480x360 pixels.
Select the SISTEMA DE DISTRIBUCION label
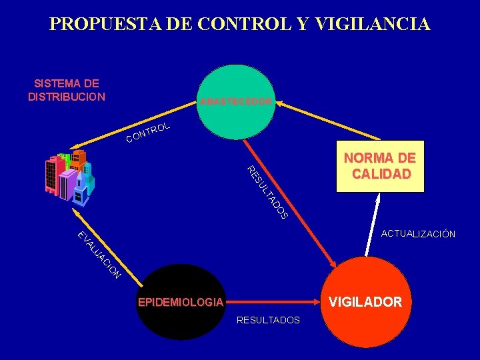point(67,90)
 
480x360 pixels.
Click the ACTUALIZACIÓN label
point(418,234)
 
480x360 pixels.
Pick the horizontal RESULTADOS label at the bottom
point(268,321)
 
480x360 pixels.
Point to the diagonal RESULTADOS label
point(267,192)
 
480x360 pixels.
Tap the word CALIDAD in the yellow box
point(380,174)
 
